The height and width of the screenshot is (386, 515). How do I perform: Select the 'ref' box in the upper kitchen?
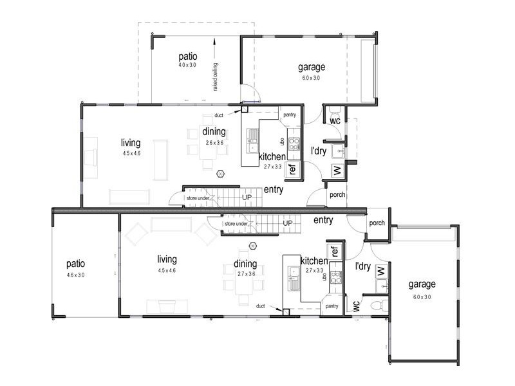[x=292, y=170]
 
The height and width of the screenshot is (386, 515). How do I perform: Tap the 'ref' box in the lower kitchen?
[x=335, y=251]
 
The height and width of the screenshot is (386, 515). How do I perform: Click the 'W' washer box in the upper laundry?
[x=336, y=170]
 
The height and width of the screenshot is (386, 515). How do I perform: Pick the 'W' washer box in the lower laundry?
[x=380, y=270]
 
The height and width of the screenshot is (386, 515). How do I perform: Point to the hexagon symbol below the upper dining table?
[x=221, y=173]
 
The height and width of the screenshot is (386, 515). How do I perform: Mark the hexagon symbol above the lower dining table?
[x=254, y=245]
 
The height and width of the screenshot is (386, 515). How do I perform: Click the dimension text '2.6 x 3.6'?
[x=214, y=143]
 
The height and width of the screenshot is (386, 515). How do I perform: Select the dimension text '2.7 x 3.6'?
[x=245, y=274]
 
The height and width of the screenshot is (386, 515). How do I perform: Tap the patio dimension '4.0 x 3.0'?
[x=187, y=65]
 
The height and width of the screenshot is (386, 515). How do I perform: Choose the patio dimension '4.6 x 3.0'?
[x=75, y=275]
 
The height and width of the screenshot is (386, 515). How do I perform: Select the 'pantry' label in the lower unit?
[x=332, y=306]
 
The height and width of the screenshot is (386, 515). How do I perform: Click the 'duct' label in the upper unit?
[x=219, y=116]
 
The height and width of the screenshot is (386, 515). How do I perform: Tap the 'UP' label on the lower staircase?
[x=288, y=223]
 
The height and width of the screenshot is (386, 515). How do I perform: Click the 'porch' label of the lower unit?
[x=377, y=223]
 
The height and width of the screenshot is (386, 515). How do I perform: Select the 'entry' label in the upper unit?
[x=274, y=189]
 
